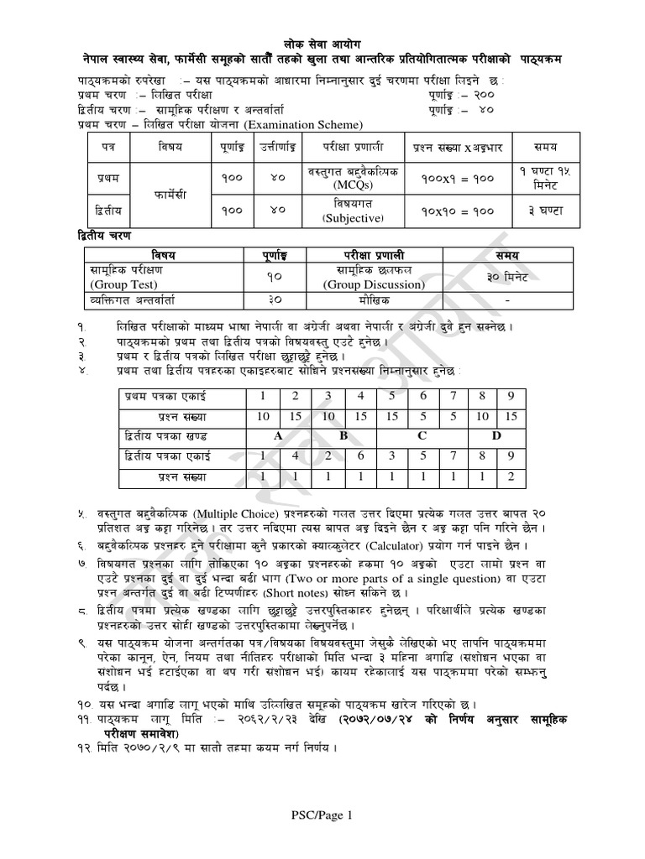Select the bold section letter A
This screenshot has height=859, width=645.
(277, 436)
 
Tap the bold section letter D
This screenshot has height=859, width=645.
(496, 436)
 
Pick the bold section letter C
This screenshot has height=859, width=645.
(422, 436)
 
